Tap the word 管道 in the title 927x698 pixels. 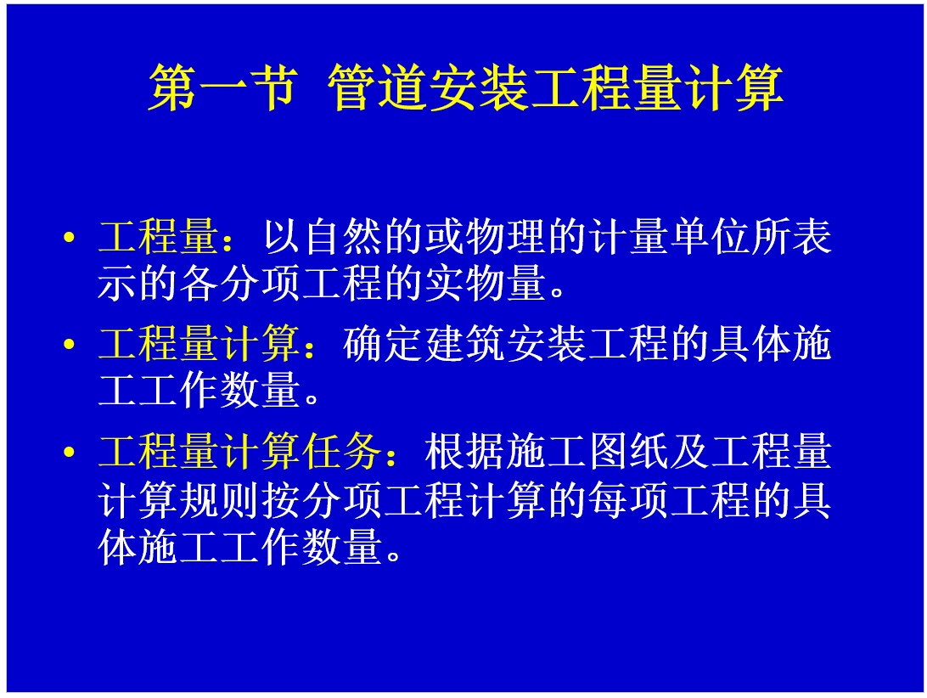click(x=378, y=87)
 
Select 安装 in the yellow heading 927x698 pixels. click(x=480, y=87)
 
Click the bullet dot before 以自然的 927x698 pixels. click(x=69, y=238)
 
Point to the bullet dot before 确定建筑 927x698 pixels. click(x=69, y=344)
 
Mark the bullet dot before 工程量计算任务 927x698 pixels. click(x=69, y=453)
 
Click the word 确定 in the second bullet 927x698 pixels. click(x=384, y=344)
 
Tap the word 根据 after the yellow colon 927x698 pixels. click(x=465, y=452)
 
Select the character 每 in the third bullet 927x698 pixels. click(x=609, y=500)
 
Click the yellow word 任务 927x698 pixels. click(x=342, y=452)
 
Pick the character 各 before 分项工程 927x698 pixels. click(x=199, y=283)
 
